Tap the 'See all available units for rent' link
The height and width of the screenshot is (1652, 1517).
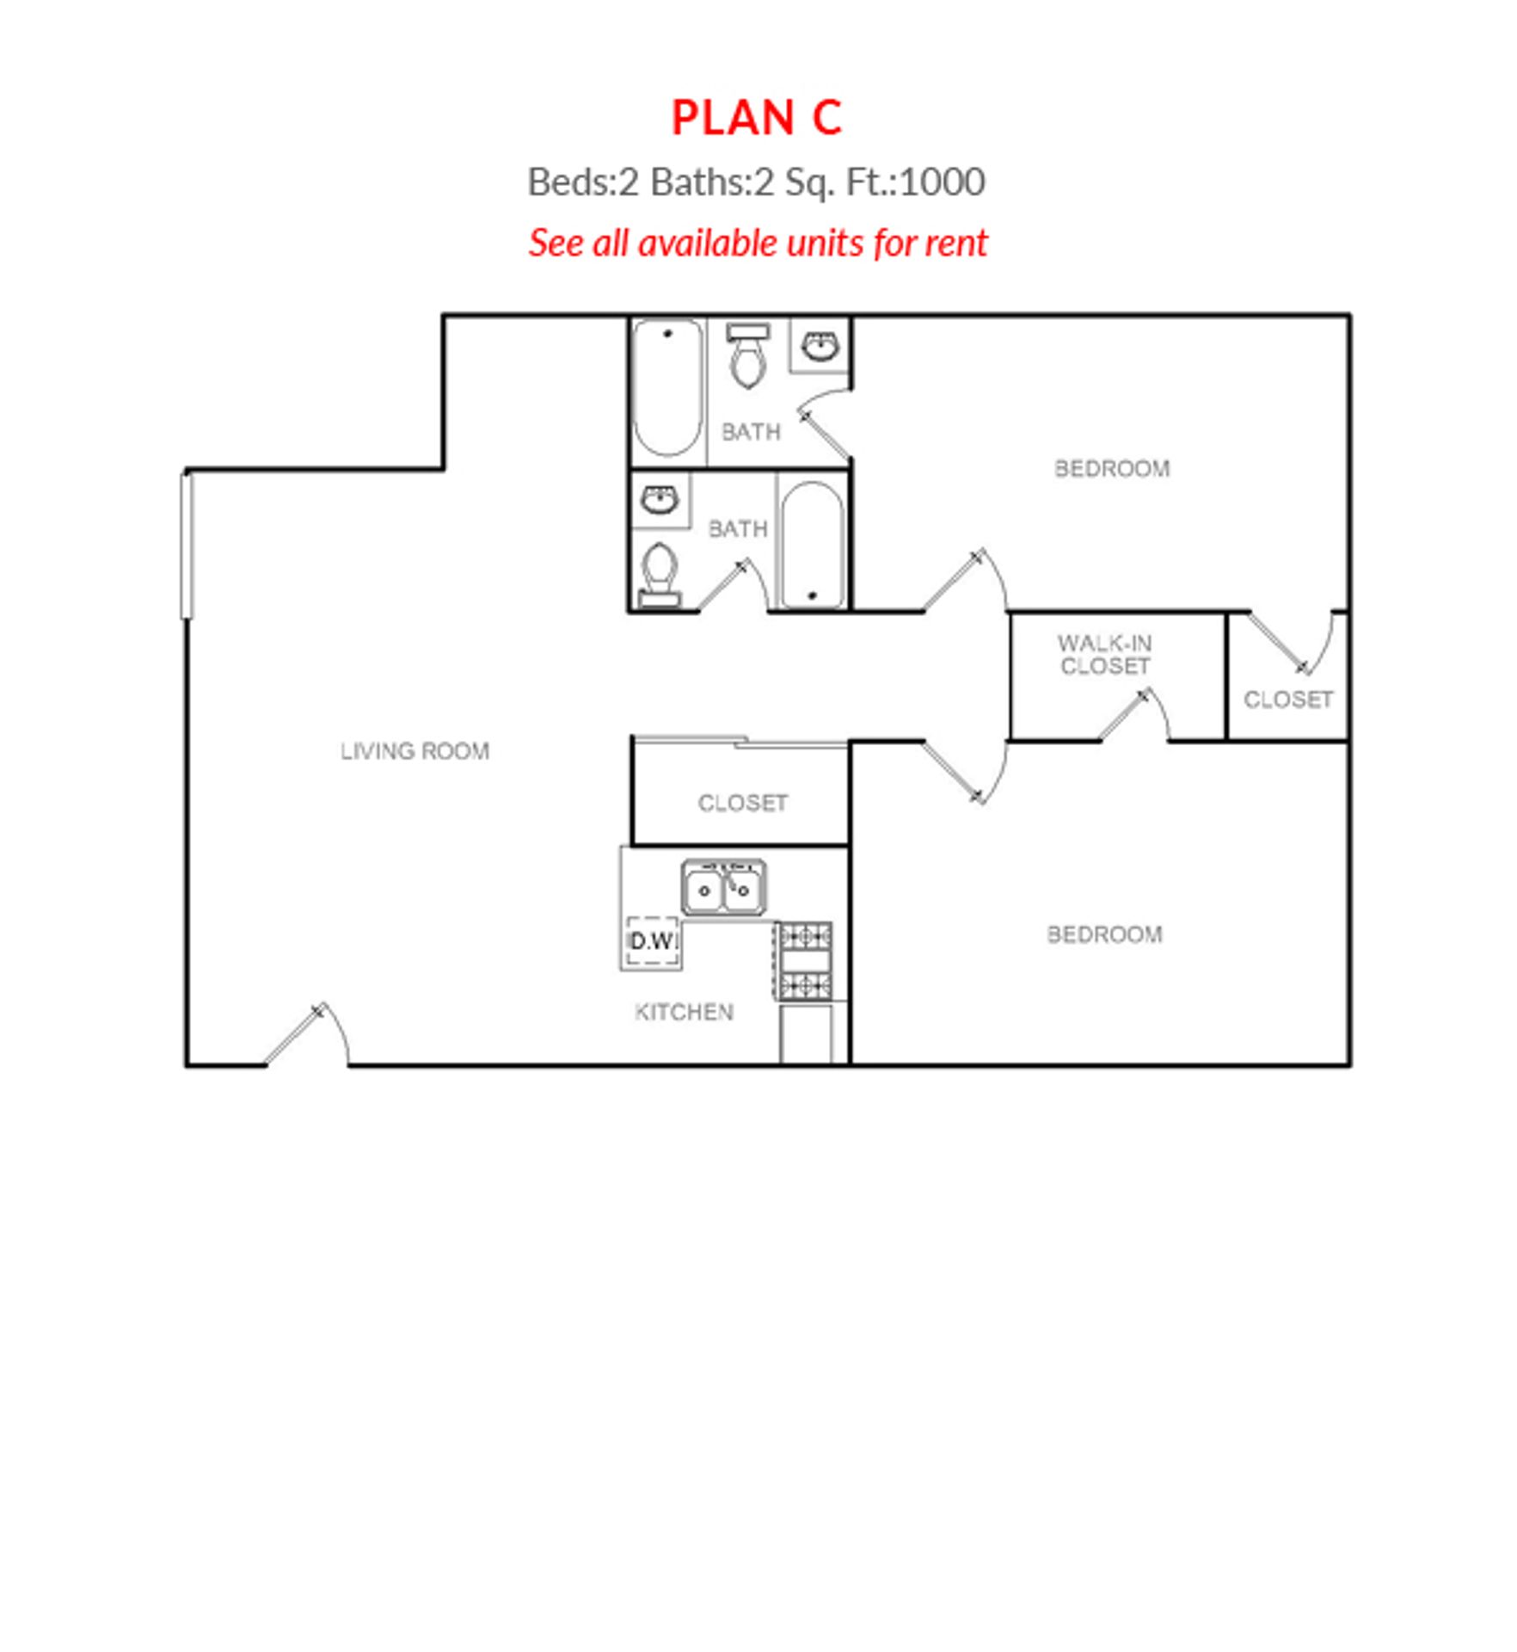tap(758, 243)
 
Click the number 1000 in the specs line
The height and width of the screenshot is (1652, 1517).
tap(943, 182)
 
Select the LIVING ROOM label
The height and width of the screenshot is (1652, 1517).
tap(415, 751)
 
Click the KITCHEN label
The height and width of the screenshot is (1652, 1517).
tap(684, 1012)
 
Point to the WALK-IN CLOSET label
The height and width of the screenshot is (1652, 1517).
tap(1104, 655)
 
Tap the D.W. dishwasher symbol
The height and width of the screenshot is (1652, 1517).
tap(652, 941)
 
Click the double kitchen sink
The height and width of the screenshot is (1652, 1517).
tap(723, 887)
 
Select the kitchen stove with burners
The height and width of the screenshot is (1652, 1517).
tap(805, 959)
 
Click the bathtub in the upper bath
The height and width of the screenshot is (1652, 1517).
tap(666, 388)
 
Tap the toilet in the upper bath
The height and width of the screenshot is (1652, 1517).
tap(746, 355)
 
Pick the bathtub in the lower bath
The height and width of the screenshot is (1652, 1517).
tap(812, 545)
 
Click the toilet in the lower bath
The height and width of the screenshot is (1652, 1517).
tap(660, 573)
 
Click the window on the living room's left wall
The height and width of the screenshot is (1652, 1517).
tap(187, 545)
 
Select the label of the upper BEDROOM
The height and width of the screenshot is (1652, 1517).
tap(1111, 469)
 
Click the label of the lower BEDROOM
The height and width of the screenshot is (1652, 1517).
tap(1104, 934)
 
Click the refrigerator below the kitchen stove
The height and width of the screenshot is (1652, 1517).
tap(806, 1033)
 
